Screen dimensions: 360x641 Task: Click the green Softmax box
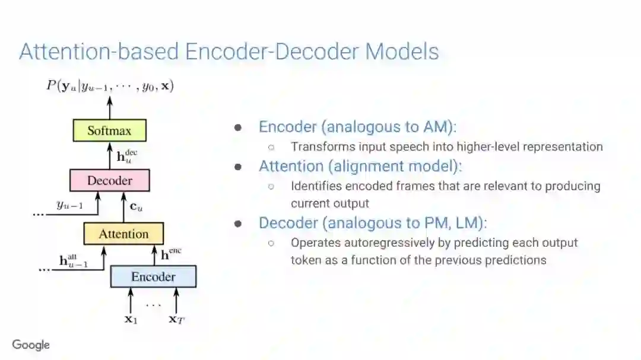109,130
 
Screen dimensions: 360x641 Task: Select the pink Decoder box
109,180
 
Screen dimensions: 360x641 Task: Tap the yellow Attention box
123,234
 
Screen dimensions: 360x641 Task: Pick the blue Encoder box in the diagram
153,276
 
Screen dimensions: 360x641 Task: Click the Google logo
31,345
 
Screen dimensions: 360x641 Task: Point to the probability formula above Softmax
110,86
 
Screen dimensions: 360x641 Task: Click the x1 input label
131,319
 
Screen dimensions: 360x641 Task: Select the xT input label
176,319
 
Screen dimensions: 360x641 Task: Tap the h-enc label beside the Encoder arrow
171,254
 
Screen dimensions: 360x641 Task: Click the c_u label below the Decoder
137,208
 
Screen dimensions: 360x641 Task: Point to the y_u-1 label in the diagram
69,205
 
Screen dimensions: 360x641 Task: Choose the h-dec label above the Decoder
126,156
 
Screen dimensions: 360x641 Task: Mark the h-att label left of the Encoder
74,260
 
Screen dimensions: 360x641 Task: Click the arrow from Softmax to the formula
109,107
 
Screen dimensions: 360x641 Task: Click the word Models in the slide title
402,52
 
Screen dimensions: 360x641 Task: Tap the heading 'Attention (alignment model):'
360,166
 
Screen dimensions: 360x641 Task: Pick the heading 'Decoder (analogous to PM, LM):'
372,223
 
